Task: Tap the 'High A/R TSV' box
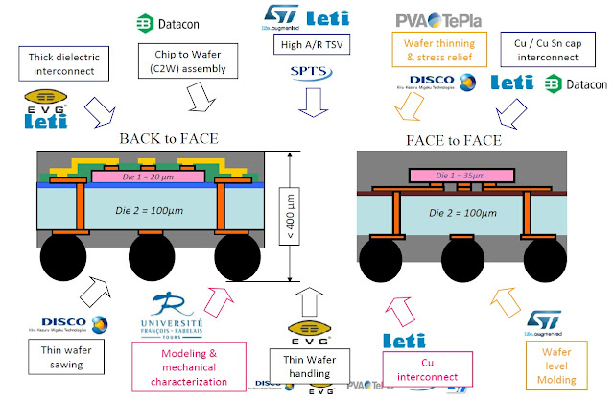[311, 44]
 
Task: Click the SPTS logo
[310, 72]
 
